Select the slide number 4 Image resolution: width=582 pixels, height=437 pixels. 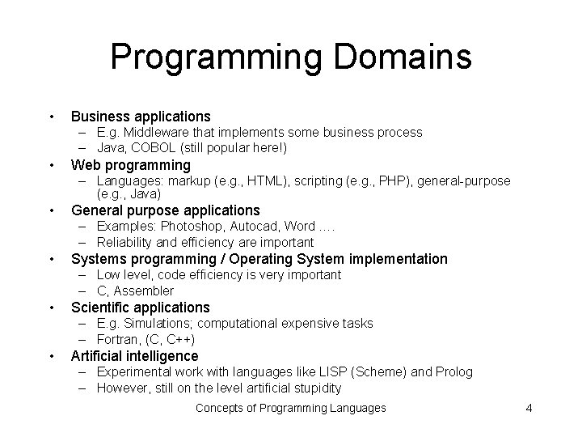(x=529, y=408)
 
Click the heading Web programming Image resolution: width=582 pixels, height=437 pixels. (x=131, y=165)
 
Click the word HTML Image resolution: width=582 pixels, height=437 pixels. (x=268, y=180)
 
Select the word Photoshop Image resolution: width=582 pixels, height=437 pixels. (x=188, y=226)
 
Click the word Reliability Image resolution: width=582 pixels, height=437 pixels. (x=125, y=242)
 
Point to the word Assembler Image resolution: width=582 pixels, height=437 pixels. (x=145, y=291)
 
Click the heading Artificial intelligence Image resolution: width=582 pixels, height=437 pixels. (x=135, y=356)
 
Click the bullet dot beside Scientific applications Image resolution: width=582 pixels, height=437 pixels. (x=52, y=308)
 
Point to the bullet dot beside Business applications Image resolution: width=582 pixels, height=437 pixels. (x=52, y=117)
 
